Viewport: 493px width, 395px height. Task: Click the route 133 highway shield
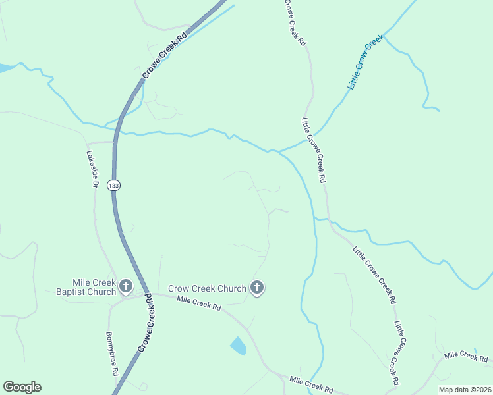coord(115,186)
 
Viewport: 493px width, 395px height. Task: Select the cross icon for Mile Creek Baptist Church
coord(126,286)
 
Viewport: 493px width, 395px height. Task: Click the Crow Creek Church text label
coord(207,288)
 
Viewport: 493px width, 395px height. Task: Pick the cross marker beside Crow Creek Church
coord(256,288)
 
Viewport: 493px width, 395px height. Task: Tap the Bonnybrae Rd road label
coord(113,353)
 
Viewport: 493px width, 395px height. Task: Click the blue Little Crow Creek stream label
coord(366,63)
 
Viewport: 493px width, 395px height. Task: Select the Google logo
coord(22,387)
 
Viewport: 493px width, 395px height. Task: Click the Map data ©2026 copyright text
coord(465,390)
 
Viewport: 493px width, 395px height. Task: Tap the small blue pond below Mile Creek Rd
coord(238,346)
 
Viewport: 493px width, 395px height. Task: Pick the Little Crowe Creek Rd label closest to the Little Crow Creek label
coord(314,150)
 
